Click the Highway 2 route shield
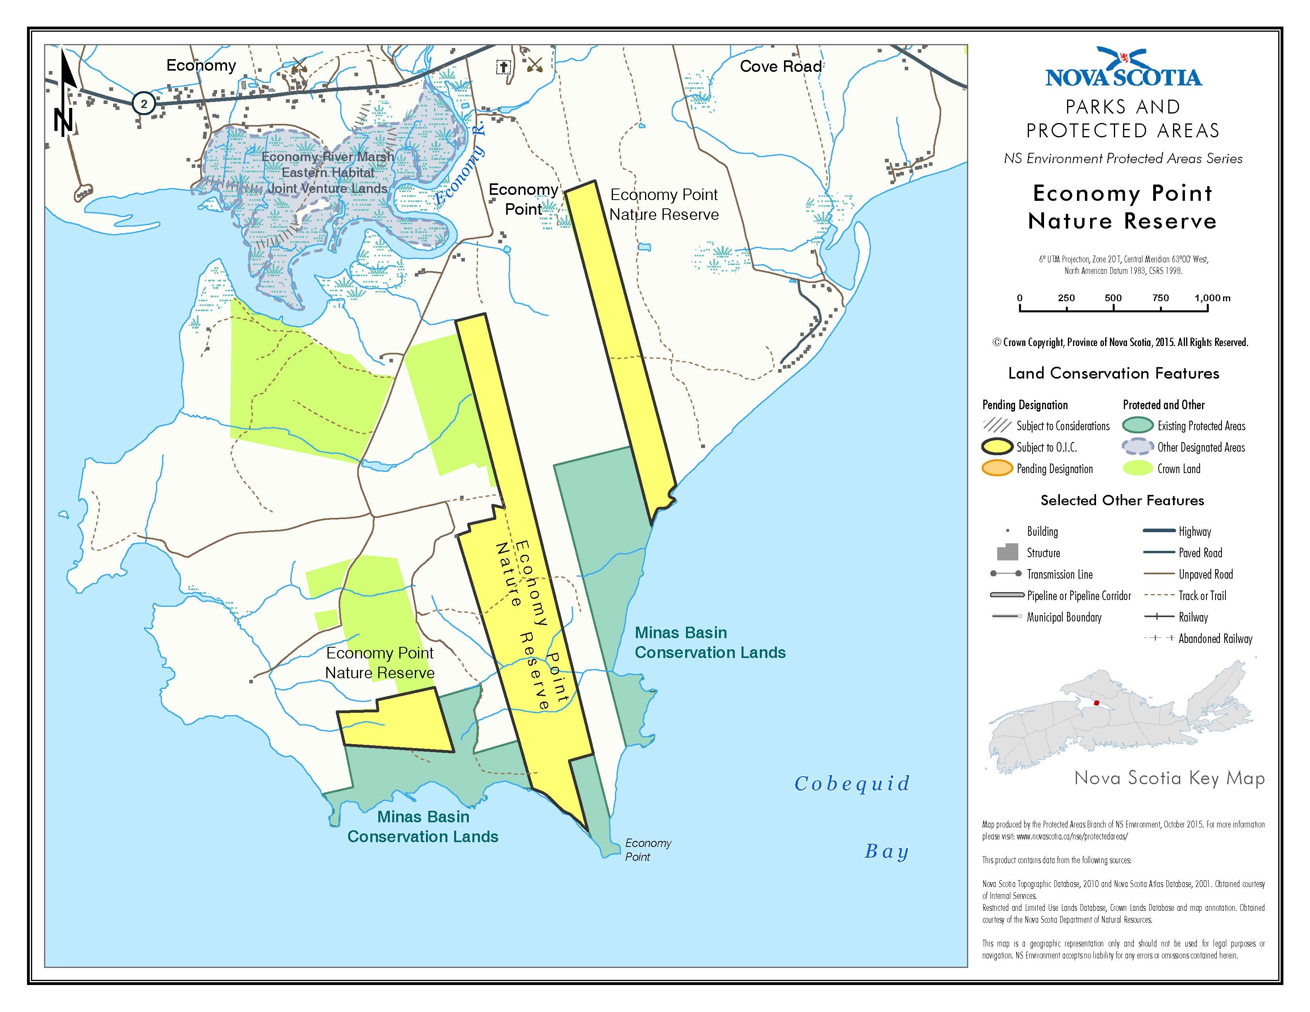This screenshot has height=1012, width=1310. (143, 103)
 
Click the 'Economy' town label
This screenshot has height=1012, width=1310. (201, 65)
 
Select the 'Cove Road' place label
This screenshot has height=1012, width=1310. (780, 67)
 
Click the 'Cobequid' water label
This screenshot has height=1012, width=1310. (852, 783)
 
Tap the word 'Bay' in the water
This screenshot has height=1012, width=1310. (886, 851)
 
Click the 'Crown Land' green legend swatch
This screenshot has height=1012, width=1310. (1138, 469)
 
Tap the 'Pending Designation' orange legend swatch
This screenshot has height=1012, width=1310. (996, 469)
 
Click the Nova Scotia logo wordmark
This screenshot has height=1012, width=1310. (1123, 77)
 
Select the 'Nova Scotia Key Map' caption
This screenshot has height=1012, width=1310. (1169, 778)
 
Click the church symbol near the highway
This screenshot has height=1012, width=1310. (503, 67)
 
